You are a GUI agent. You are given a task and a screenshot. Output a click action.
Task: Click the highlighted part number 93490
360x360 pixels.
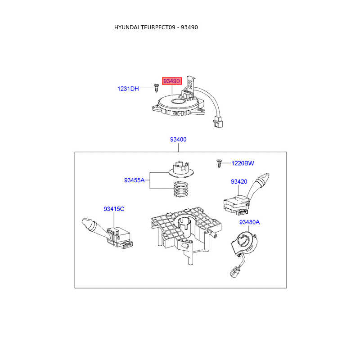point(172,81)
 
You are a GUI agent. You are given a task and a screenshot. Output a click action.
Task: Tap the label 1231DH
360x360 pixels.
point(128,89)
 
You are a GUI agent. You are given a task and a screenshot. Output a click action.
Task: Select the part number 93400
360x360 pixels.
point(178,139)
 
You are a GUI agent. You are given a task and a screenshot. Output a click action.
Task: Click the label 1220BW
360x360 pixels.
point(243,163)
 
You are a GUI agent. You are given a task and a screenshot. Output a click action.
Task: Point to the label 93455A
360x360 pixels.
point(135,180)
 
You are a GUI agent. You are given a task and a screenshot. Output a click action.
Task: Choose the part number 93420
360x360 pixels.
point(239,182)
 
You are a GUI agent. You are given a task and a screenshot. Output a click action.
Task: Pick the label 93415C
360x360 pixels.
point(114,209)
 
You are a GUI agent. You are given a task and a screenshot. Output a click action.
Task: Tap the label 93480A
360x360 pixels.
point(250,222)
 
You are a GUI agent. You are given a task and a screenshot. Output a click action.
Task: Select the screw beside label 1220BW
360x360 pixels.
point(219,163)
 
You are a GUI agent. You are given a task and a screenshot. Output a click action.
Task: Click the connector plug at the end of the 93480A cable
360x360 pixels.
point(234,271)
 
